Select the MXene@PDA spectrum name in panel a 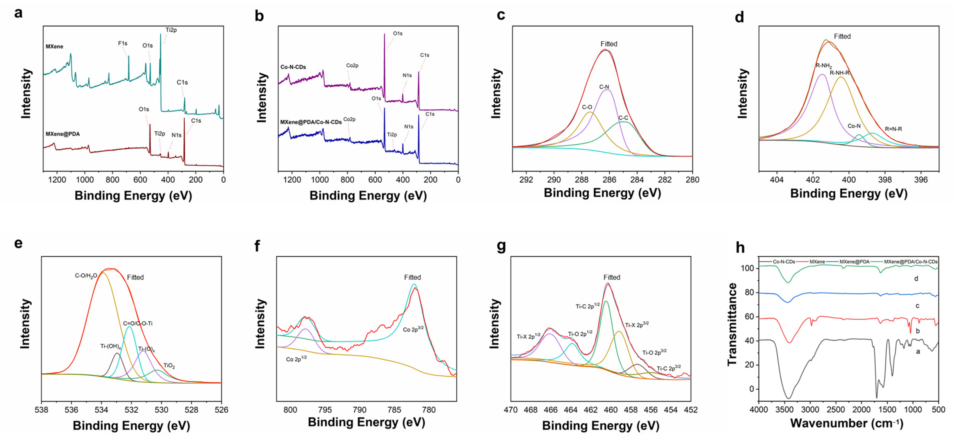pos(62,134)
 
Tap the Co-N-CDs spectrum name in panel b pos(293,67)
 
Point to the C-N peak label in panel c pos(604,87)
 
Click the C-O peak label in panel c pos(587,107)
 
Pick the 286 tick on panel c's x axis pos(609,180)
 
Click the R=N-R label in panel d pos(893,129)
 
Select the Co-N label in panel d pos(854,126)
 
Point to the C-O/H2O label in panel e pos(86,276)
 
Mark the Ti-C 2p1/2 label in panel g pos(587,306)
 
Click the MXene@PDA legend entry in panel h pos(854,262)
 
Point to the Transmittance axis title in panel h pos(732,324)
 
